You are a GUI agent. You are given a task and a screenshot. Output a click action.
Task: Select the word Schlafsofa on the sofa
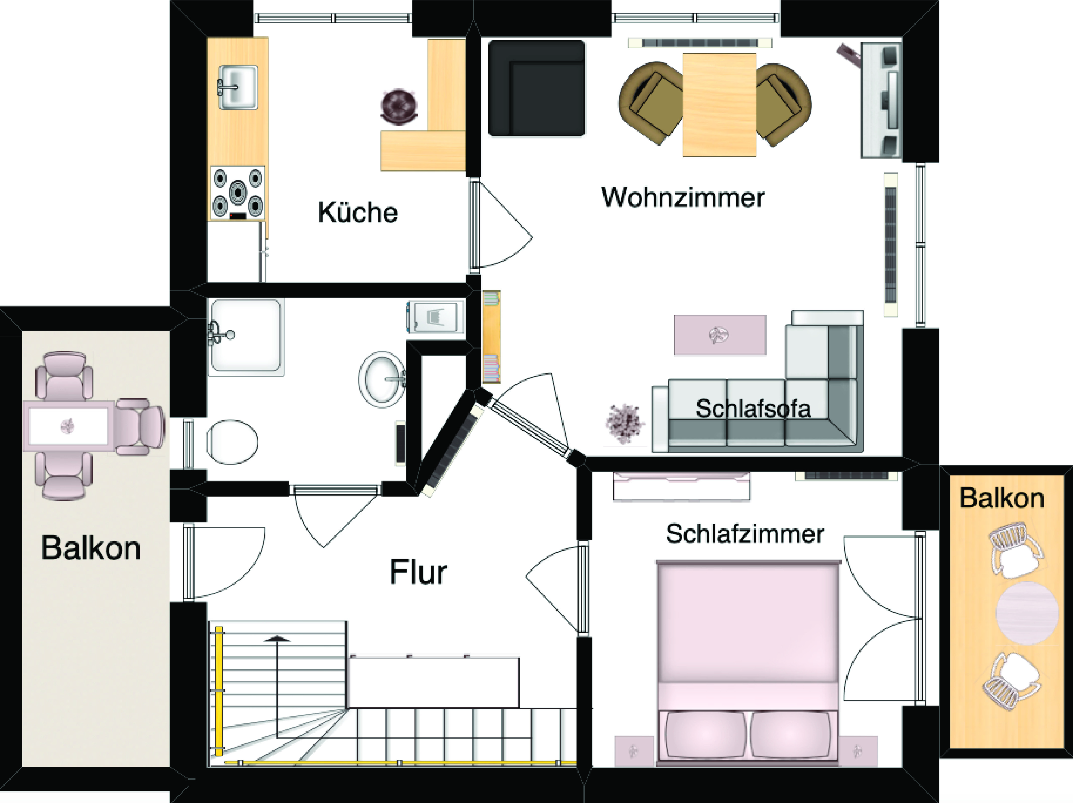click(x=753, y=409)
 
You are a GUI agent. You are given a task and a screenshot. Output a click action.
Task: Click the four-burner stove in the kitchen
click(x=238, y=193)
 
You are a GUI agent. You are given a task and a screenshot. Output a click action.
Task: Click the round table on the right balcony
click(x=1027, y=613)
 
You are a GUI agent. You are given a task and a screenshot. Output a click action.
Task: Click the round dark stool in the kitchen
click(x=399, y=105)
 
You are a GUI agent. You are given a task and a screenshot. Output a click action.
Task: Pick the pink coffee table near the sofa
click(x=720, y=335)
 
